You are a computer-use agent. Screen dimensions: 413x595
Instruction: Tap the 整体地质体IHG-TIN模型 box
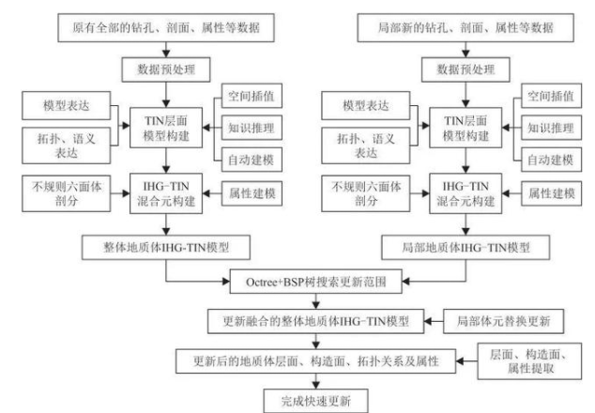point(167,250)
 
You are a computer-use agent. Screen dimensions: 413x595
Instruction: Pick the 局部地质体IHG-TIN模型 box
point(459,250)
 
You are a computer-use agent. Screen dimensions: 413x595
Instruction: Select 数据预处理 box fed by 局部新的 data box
point(459,69)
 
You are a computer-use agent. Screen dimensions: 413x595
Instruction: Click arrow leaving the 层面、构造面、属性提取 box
point(468,359)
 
